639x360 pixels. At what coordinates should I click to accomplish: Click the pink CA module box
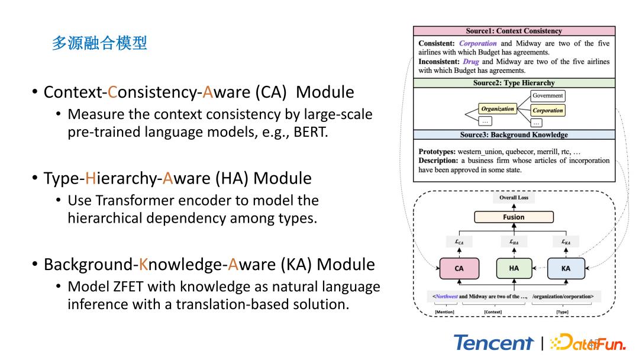459,268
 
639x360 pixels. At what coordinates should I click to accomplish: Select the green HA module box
514,268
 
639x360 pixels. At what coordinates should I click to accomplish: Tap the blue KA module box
566,268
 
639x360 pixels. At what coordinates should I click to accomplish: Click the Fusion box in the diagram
514,217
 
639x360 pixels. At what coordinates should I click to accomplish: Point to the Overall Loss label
514,198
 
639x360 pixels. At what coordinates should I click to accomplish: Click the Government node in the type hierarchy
548,96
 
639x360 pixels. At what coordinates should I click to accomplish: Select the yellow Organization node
497,109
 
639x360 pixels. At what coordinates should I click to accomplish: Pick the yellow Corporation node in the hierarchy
548,110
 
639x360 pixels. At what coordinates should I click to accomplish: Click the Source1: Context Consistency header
514,31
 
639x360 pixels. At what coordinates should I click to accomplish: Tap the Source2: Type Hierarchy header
514,83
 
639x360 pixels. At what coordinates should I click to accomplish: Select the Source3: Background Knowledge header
514,135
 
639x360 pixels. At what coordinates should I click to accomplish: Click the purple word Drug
471,62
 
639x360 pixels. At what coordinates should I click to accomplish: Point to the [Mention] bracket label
445,311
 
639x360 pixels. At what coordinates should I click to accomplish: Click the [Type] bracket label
563,311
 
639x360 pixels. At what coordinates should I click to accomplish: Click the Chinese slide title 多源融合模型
99,43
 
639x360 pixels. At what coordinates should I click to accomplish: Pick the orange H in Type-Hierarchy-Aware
91,178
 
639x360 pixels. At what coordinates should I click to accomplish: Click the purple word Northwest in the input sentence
447,296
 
